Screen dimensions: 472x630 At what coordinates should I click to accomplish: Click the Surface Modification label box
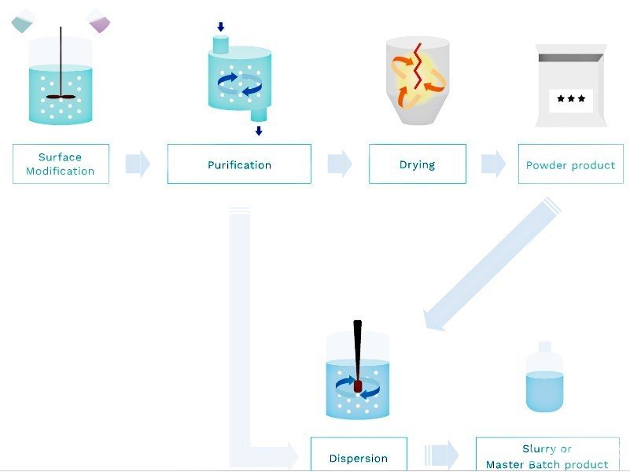(61, 164)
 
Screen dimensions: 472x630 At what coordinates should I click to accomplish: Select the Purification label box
(239, 164)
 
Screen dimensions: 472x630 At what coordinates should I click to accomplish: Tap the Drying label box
(417, 164)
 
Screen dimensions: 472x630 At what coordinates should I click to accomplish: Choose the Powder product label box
(570, 164)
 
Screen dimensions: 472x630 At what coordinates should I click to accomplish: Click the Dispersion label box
(359, 456)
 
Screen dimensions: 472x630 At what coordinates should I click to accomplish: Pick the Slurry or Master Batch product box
(547, 455)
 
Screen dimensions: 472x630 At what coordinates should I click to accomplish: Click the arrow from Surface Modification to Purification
(138, 164)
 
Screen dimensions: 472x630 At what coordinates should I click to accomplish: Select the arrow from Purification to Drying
(340, 164)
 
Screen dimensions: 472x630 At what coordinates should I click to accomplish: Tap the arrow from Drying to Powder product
(493, 164)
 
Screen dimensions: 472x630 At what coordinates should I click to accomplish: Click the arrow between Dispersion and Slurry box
(442, 455)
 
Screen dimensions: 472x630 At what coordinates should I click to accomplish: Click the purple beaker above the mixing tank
(100, 20)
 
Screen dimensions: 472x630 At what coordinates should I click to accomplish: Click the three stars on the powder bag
(570, 99)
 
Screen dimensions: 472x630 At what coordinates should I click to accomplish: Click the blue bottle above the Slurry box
(544, 381)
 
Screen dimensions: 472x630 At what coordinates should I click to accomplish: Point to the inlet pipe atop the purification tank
(219, 43)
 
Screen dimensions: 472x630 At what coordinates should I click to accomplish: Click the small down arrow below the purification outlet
(258, 131)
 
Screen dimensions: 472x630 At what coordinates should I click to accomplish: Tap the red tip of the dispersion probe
(358, 387)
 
